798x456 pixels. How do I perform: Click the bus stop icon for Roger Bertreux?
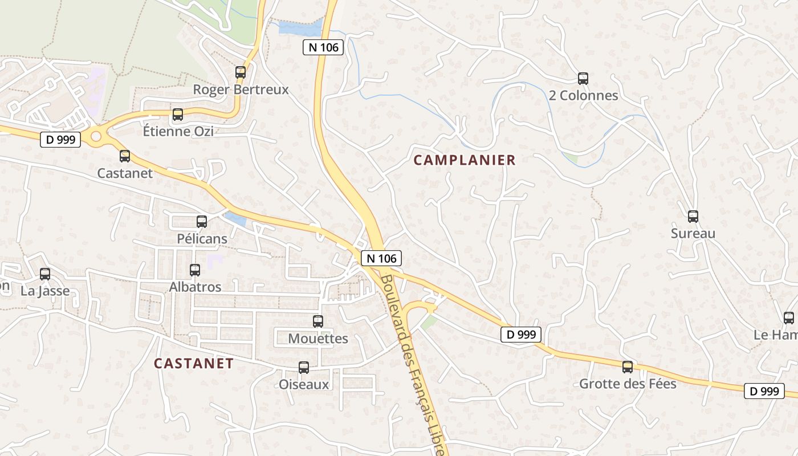(x=241, y=72)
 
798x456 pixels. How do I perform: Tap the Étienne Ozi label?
(x=178, y=131)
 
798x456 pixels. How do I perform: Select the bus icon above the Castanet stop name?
(x=125, y=156)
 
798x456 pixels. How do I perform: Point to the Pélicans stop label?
(x=202, y=239)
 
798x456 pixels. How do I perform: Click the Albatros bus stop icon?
(x=195, y=270)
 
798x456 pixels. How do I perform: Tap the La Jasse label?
(x=45, y=291)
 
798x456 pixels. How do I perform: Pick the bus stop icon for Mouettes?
(x=318, y=321)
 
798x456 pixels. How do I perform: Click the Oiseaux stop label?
(x=304, y=384)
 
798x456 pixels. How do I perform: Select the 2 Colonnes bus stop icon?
(x=583, y=79)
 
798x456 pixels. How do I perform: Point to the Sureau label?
(x=693, y=233)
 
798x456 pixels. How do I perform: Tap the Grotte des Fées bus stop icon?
(x=628, y=367)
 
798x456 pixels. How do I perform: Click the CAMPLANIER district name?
(x=465, y=160)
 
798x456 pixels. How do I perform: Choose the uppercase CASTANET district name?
(x=194, y=363)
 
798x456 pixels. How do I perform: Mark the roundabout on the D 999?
(x=96, y=136)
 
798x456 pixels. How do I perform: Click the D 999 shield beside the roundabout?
(x=60, y=139)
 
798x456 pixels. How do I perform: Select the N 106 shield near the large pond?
(x=323, y=47)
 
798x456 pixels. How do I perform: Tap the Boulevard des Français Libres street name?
(x=413, y=365)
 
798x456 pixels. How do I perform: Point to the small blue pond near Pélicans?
(x=235, y=219)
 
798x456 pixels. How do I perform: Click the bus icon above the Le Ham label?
(x=789, y=318)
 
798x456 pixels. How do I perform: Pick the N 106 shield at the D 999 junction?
(x=381, y=258)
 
